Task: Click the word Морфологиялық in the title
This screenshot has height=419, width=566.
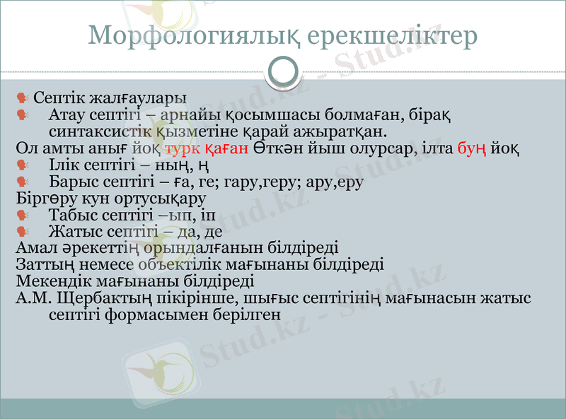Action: point(187,35)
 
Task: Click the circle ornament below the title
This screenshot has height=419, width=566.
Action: point(283,71)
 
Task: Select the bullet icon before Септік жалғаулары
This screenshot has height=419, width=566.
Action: point(23,97)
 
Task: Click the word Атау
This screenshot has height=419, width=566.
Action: point(68,114)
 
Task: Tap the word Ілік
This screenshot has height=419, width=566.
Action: point(67,165)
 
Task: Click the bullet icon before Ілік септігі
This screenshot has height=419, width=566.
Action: point(23,165)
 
